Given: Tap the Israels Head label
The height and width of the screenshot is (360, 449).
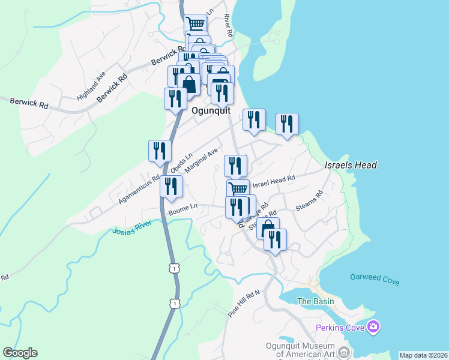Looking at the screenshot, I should point(351,165).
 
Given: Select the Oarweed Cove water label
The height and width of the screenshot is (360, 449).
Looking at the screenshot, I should point(375,279).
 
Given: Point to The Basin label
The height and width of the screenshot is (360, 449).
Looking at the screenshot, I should point(313,302).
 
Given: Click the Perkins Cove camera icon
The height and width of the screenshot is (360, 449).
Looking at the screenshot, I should point(373,327).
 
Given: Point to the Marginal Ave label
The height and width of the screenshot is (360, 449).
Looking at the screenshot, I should point(201,161).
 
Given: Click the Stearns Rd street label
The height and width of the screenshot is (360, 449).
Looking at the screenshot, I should point(310,201).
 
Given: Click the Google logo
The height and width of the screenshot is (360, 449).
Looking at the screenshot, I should point(20,353).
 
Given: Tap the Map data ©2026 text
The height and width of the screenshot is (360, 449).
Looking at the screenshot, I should point(423,355).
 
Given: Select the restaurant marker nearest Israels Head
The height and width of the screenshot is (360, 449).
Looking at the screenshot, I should point(287,125).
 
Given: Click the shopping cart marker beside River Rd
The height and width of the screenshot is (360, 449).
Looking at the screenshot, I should point(195,25).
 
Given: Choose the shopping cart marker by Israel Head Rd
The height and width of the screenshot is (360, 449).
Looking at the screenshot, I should point(238,189).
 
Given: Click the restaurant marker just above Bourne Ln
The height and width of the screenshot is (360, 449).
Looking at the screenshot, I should point(171,187).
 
